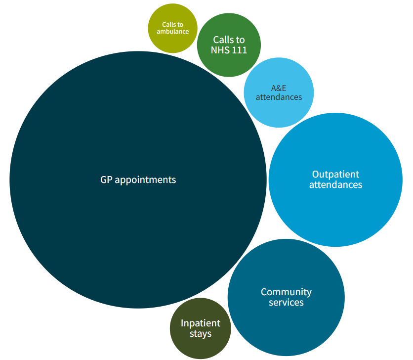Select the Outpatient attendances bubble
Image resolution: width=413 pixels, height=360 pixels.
[x=335, y=208]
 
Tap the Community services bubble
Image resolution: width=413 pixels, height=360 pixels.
[x=286, y=321]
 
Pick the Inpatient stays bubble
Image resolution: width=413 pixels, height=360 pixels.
[x=200, y=346]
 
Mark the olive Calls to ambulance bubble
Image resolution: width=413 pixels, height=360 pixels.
[x=172, y=42]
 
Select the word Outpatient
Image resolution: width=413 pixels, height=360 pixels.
[x=335, y=174]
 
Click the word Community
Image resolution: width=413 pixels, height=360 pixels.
[x=286, y=292]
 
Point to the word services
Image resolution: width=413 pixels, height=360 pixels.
[x=286, y=302]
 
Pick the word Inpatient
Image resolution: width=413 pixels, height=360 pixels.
[x=200, y=323]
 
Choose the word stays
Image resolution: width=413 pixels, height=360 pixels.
[x=200, y=334]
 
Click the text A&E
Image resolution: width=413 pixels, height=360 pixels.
[x=279, y=88]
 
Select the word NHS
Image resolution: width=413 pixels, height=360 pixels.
[x=219, y=50]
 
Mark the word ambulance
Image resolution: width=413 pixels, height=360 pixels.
[x=172, y=32]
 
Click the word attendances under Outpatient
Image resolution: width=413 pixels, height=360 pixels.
[x=335, y=185]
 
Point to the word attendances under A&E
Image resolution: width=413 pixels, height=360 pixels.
[x=279, y=97]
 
